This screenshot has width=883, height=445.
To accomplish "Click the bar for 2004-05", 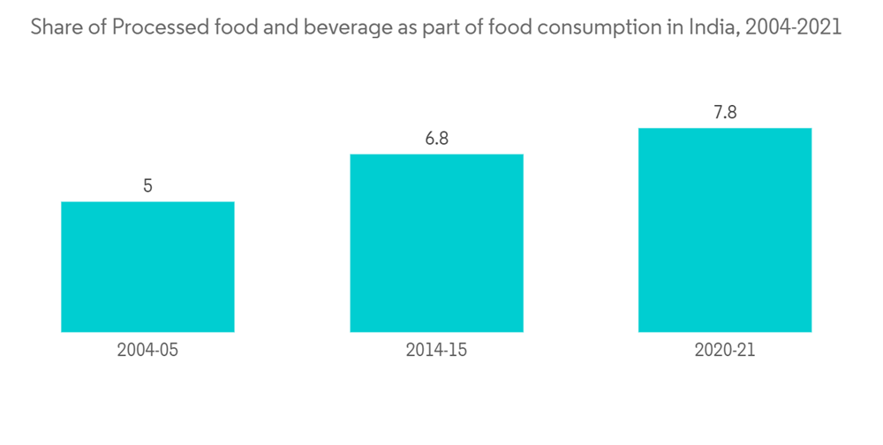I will (147, 267).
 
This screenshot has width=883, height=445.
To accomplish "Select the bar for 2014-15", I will (436, 243).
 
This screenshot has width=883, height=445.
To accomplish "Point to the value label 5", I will (147, 185).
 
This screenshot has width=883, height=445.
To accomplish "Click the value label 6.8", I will (436, 139).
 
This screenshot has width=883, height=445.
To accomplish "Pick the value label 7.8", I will (725, 112).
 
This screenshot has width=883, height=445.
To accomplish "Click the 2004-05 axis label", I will (147, 351).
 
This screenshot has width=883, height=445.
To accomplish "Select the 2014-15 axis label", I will (436, 351).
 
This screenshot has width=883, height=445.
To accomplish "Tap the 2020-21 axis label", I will (725, 351).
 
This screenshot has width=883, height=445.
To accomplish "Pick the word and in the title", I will (273, 28).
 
